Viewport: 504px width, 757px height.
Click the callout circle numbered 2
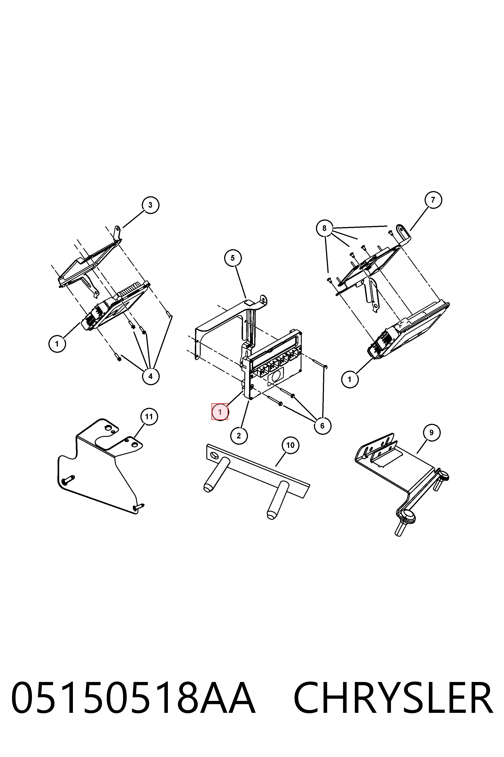click(x=239, y=436)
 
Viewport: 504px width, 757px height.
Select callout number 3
click(x=151, y=205)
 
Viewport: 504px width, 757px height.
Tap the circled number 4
click(x=151, y=376)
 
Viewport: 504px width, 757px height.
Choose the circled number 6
click(x=322, y=426)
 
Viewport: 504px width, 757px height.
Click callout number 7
click(x=433, y=200)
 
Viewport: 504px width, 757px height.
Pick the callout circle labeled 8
click(x=324, y=228)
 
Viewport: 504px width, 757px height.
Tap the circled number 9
click(x=431, y=433)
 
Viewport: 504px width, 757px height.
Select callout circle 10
click(x=290, y=445)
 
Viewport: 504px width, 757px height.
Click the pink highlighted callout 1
click(x=220, y=412)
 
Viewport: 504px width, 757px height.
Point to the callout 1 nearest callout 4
click(x=57, y=344)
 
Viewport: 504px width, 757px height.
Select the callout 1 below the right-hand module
click(x=350, y=379)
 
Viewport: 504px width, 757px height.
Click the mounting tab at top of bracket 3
click(x=118, y=232)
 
